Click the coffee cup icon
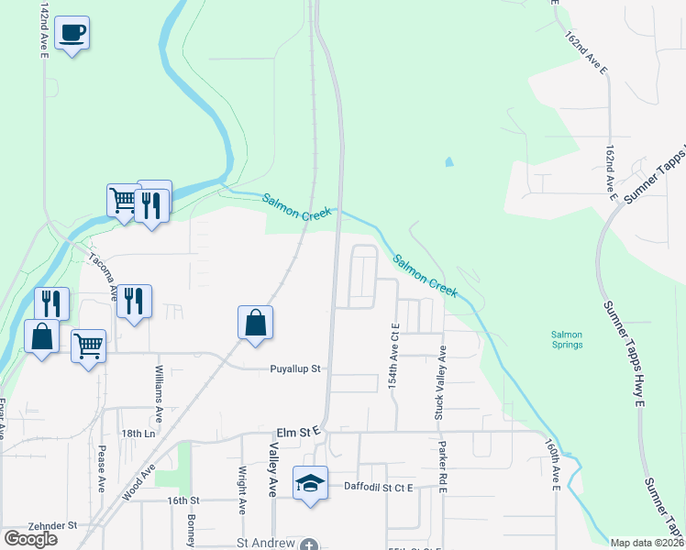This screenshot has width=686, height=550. pyautogui.click(x=72, y=33)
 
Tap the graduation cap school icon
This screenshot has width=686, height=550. pyautogui.click(x=310, y=481)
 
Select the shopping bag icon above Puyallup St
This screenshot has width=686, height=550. pyautogui.click(x=255, y=323)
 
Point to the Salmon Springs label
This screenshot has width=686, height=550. pyautogui.click(x=566, y=339)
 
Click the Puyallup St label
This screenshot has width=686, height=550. pyautogui.click(x=294, y=369)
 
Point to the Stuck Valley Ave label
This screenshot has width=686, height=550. pyautogui.click(x=440, y=383)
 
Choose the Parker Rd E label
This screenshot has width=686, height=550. pyautogui.click(x=441, y=468)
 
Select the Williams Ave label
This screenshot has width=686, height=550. pyautogui.click(x=160, y=392)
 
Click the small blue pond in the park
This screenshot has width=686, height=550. pyautogui.click(x=448, y=162)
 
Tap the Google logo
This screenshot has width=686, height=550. pyautogui.click(x=30, y=538)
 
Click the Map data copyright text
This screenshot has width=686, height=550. pyautogui.click(x=647, y=543)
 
